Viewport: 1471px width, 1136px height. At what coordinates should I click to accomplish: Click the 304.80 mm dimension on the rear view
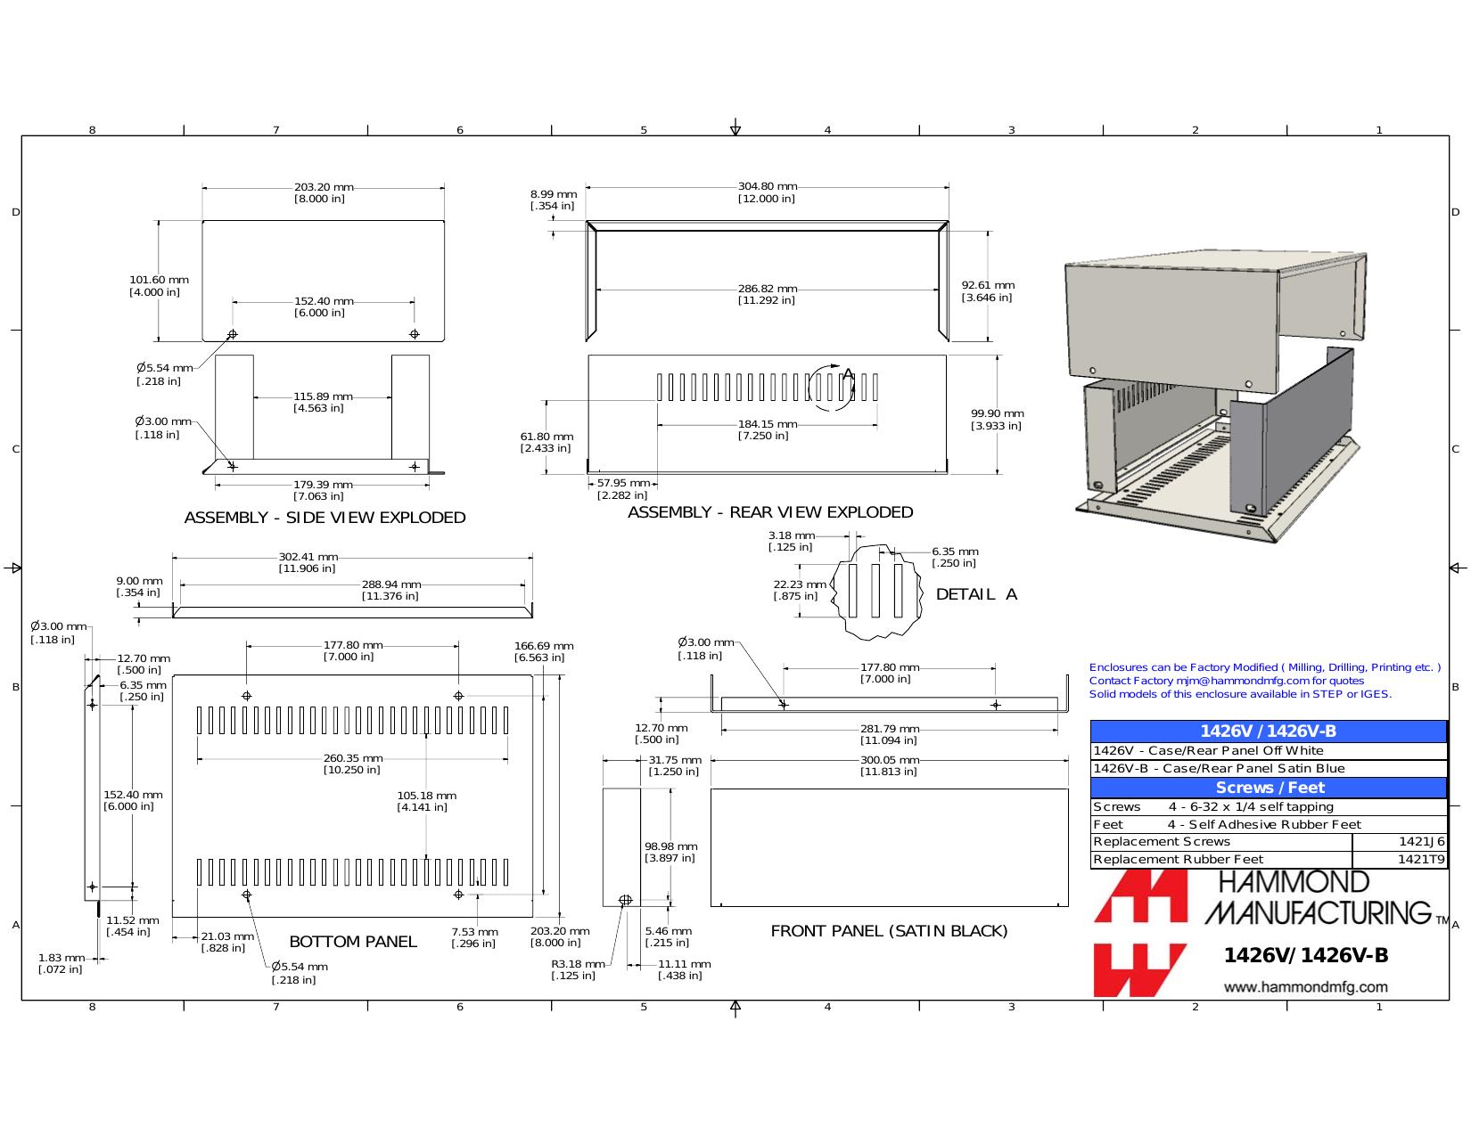click(x=767, y=186)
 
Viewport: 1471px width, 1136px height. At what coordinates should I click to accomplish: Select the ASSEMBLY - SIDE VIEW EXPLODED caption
click(x=325, y=518)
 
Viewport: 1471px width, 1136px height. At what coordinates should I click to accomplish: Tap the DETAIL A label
click(x=976, y=594)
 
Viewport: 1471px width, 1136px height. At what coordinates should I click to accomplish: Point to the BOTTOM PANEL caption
click(x=353, y=941)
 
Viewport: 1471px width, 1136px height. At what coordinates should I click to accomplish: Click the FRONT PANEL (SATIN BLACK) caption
click(x=889, y=931)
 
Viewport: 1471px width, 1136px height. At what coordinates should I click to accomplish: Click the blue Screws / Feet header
click(x=1270, y=788)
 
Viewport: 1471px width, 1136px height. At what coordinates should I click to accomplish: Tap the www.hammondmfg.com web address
click(x=1305, y=987)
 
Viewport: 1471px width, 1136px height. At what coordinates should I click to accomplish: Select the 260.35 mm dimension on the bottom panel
click(x=353, y=758)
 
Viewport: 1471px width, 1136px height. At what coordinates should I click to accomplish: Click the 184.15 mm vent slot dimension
click(x=767, y=424)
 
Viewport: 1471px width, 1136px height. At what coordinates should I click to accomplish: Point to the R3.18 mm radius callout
click(x=578, y=963)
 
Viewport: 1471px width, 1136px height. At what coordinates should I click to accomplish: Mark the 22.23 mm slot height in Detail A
click(x=800, y=584)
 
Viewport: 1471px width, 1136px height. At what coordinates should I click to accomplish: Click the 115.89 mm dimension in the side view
click(x=323, y=396)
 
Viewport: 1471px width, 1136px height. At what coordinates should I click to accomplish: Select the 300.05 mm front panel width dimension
click(x=890, y=760)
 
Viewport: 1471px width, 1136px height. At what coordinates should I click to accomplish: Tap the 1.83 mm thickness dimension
click(x=61, y=958)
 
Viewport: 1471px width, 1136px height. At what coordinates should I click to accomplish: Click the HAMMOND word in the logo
click(x=1294, y=882)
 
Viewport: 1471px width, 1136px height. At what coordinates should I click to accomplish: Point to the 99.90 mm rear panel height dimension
click(x=997, y=413)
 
